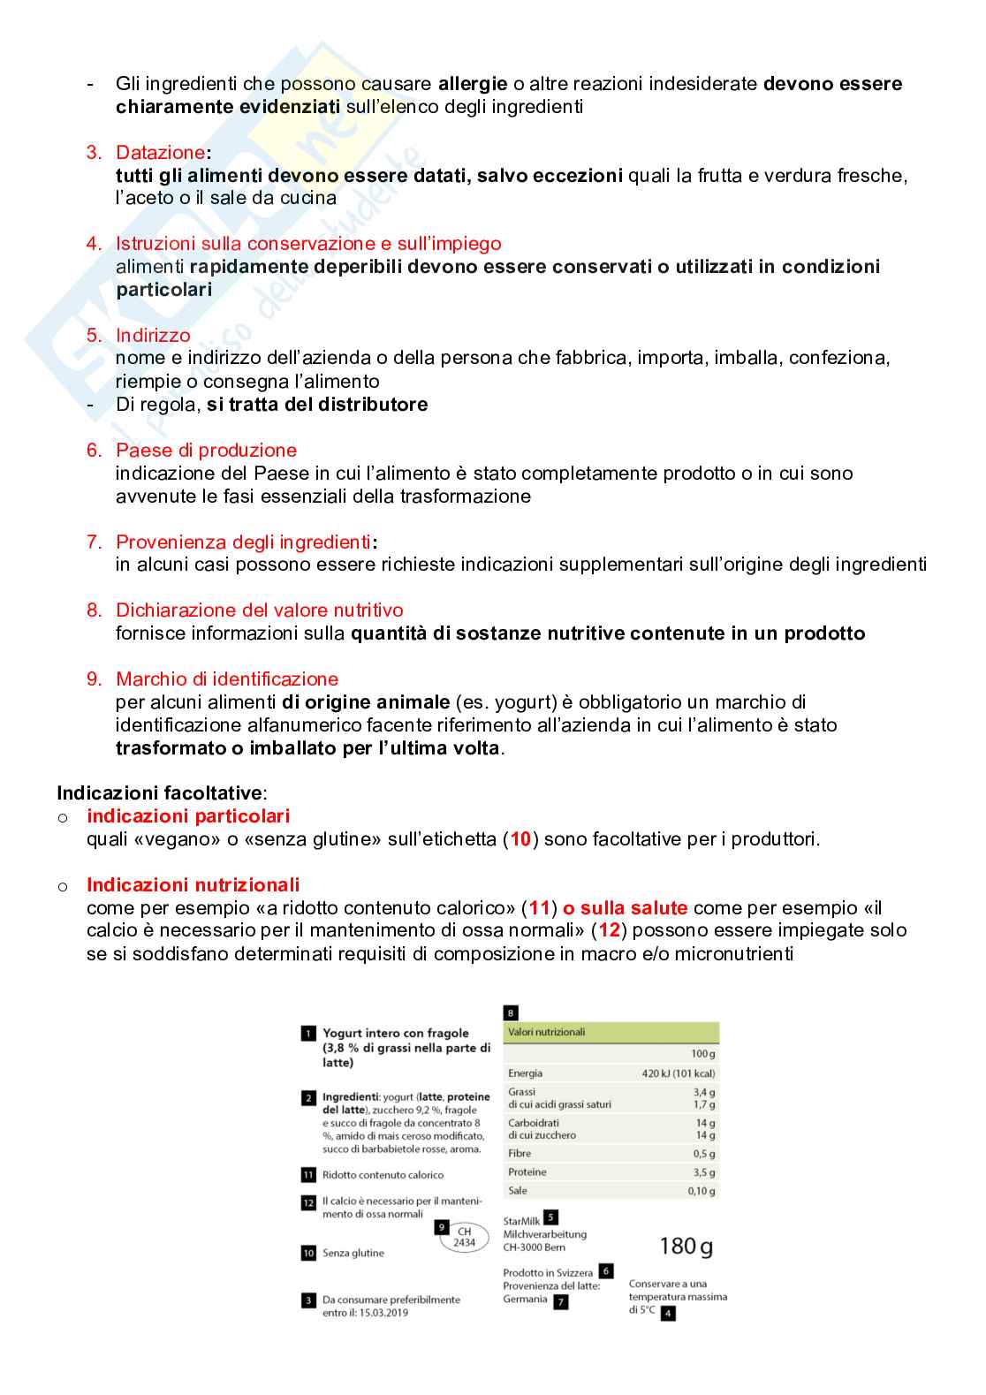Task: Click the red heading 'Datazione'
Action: [x=160, y=153]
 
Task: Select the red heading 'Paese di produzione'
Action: [x=206, y=451]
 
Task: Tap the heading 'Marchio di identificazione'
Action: [x=227, y=679]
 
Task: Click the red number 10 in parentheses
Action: [x=520, y=839]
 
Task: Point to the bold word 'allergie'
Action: [x=473, y=84]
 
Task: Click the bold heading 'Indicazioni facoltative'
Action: [x=159, y=793]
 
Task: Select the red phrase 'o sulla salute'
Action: [x=625, y=908]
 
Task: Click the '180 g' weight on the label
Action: [x=686, y=1247]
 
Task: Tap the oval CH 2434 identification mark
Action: [x=464, y=1237]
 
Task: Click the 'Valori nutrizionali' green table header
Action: [x=547, y=1032]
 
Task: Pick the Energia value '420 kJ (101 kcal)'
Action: [x=678, y=1073]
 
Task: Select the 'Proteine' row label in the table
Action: [x=527, y=1172]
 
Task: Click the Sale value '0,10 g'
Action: [x=702, y=1191]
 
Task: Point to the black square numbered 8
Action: [x=511, y=1013]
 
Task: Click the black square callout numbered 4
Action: [x=668, y=1314]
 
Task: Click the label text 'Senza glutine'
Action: [x=353, y=1253]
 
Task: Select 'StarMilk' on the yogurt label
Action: [x=521, y=1221]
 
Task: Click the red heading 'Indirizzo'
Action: [x=153, y=336]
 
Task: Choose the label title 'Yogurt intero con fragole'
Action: [x=396, y=1033]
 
